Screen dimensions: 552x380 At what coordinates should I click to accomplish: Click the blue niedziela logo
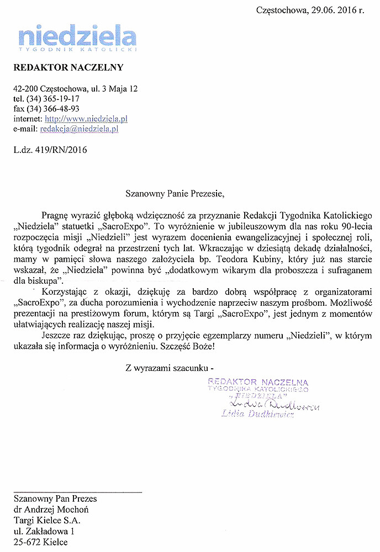[76, 38]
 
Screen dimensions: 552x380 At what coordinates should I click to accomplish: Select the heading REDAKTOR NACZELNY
[68, 68]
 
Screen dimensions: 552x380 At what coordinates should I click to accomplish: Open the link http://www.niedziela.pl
[86, 119]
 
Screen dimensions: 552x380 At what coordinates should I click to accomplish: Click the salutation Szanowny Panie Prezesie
[176, 194]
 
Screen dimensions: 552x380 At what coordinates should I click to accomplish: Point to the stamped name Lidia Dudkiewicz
[257, 414]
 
